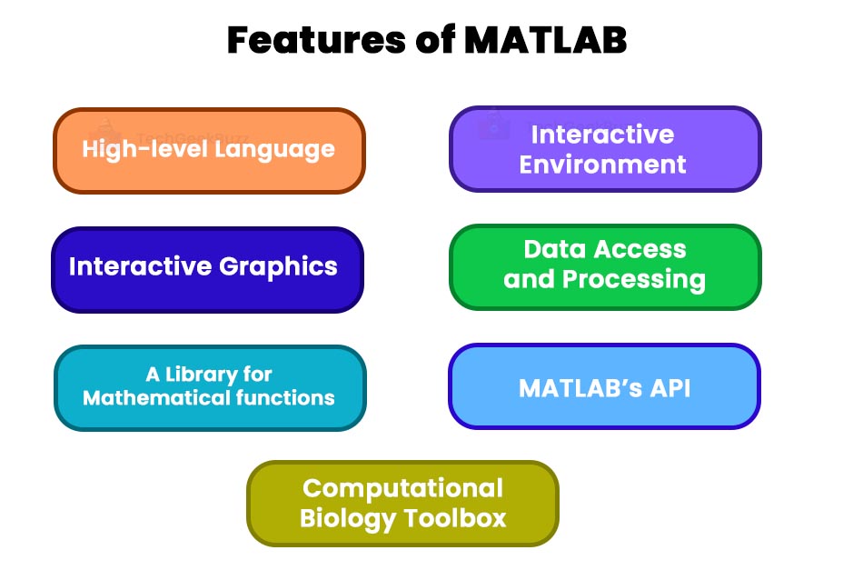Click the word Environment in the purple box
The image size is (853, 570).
[603, 165]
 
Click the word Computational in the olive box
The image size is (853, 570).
[402, 488]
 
